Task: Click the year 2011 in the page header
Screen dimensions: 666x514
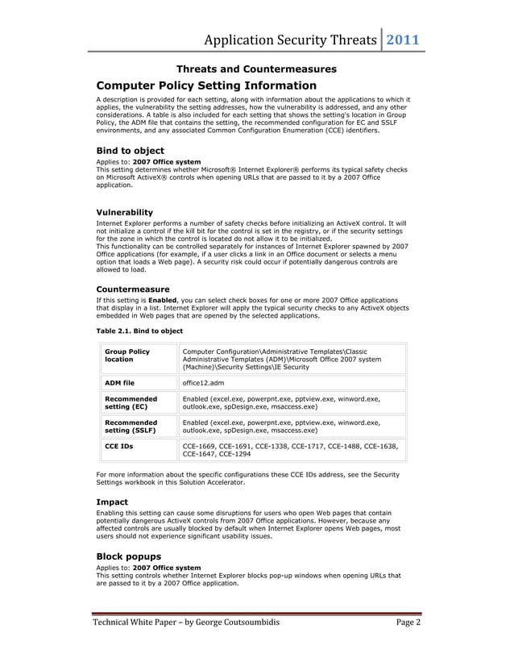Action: [x=404, y=40]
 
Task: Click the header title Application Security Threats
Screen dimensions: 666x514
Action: [x=289, y=40]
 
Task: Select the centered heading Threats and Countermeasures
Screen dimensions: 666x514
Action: [x=256, y=69]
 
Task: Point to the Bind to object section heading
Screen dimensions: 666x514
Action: [x=130, y=151]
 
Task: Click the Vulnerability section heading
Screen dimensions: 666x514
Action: [x=124, y=212]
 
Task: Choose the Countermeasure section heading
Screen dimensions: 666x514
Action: [x=132, y=288]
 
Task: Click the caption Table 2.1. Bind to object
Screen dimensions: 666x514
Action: [x=139, y=331]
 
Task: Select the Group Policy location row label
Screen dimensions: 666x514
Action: [x=127, y=356]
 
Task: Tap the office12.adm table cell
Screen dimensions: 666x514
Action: [x=202, y=383]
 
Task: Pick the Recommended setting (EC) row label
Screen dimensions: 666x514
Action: [x=131, y=402]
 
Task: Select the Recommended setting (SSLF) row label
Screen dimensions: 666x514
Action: [x=131, y=426]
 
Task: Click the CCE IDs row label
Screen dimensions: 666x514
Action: [x=119, y=446]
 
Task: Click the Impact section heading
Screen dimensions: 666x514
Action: [x=112, y=502]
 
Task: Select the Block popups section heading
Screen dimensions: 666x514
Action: [x=128, y=556]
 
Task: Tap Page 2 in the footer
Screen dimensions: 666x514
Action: [x=408, y=622]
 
